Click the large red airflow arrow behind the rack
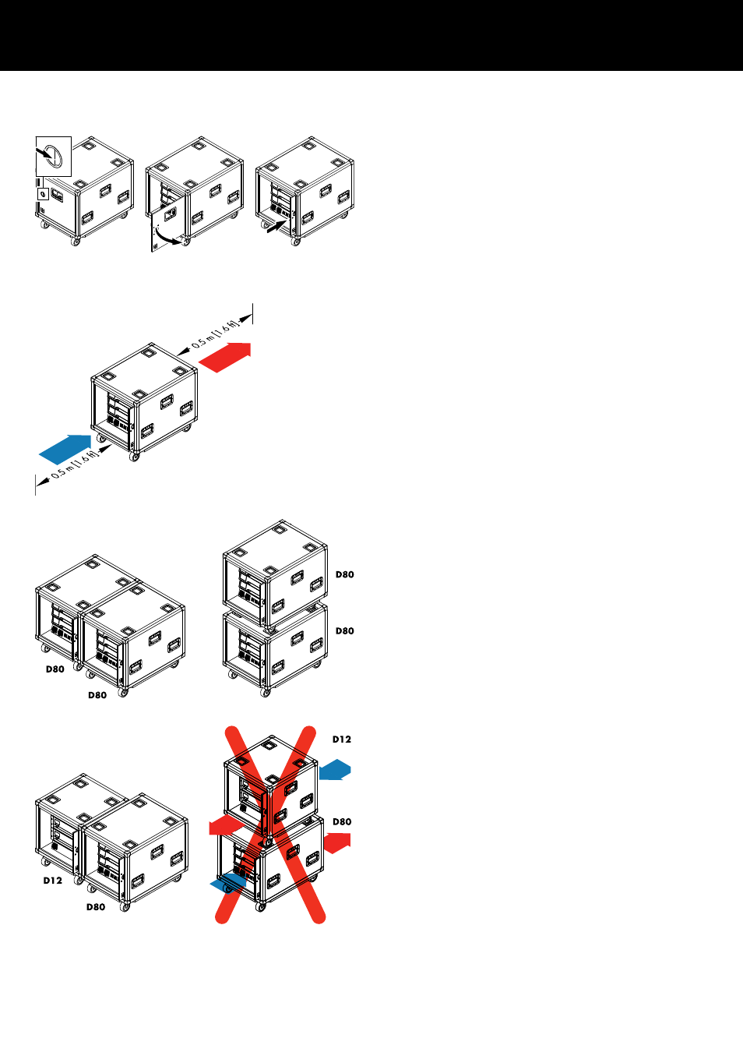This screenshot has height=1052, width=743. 225,357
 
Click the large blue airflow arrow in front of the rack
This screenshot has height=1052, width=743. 65,449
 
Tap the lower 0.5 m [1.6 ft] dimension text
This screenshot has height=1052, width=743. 75,466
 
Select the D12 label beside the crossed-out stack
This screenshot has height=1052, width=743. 342,740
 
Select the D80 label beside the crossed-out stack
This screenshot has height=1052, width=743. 342,821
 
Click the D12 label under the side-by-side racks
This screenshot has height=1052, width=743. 52,881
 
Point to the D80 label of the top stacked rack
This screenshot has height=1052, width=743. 344,574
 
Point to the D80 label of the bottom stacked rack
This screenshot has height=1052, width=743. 344,630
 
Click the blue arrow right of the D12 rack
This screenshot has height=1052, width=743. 335,769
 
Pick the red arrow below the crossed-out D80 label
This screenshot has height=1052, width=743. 337,843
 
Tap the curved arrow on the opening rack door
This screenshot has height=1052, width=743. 168,236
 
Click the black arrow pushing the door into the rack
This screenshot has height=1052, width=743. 276,226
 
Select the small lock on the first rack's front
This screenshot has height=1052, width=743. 43,193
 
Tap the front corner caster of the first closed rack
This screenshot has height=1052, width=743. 76,242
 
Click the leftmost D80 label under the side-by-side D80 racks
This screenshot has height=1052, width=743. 55,669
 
